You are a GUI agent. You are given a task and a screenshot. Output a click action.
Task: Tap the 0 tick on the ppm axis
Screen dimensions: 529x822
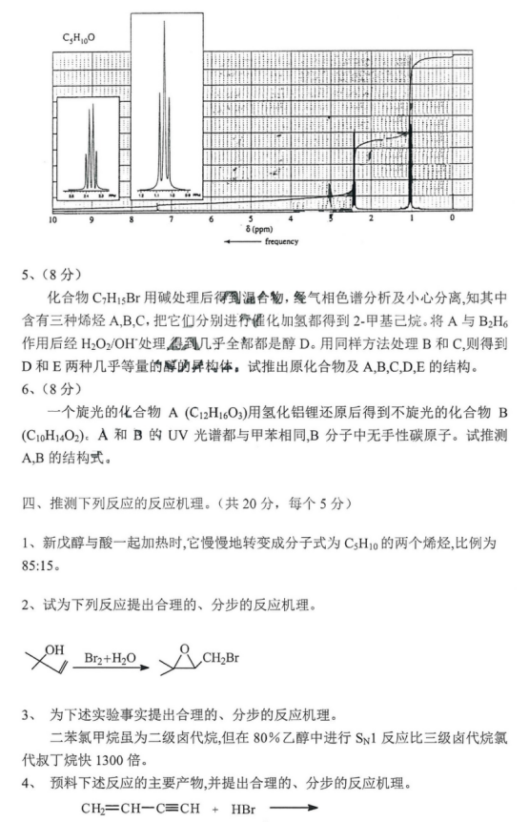452,219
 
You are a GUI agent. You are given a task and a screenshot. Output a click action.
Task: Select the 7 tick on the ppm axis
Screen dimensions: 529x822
172,219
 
